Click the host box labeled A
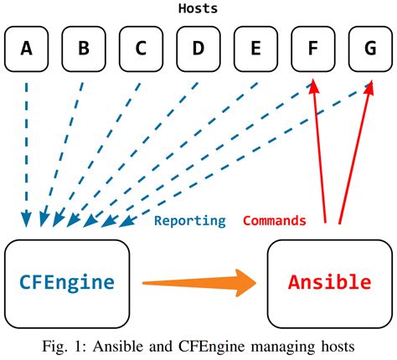[x=27, y=49]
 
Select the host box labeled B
[x=84, y=49]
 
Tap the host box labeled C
[x=141, y=49]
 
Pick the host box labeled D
[x=198, y=49]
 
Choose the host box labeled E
[x=255, y=49]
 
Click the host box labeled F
[x=312, y=49]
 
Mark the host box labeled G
[x=369, y=49]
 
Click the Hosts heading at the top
[x=198, y=9]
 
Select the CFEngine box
[x=67, y=282]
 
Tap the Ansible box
[x=329, y=282]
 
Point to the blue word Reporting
[x=189, y=221]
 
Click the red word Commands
[x=274, y=221]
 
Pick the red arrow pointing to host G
[x=354, y=151]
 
